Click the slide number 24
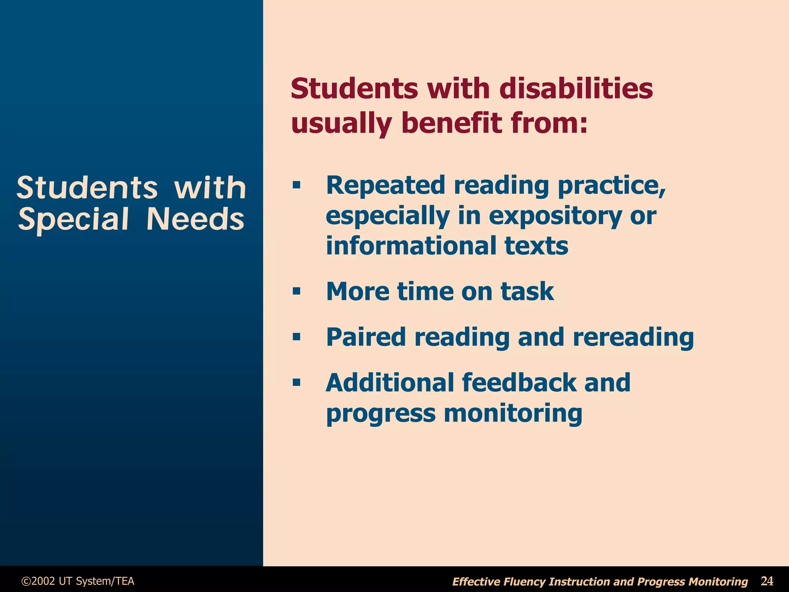(767, 580)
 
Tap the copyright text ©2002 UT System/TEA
(78, 581)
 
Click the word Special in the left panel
(73, 220)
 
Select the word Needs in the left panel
(195, 220)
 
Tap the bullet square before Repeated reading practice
(296, 185)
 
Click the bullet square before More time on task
(296, 291)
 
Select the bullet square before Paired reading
(296, 337)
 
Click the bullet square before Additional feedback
(296, 382)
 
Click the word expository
(555, 216)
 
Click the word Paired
(366, 337)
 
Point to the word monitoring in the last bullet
(513, 414)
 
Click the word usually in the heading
(341, 124)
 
